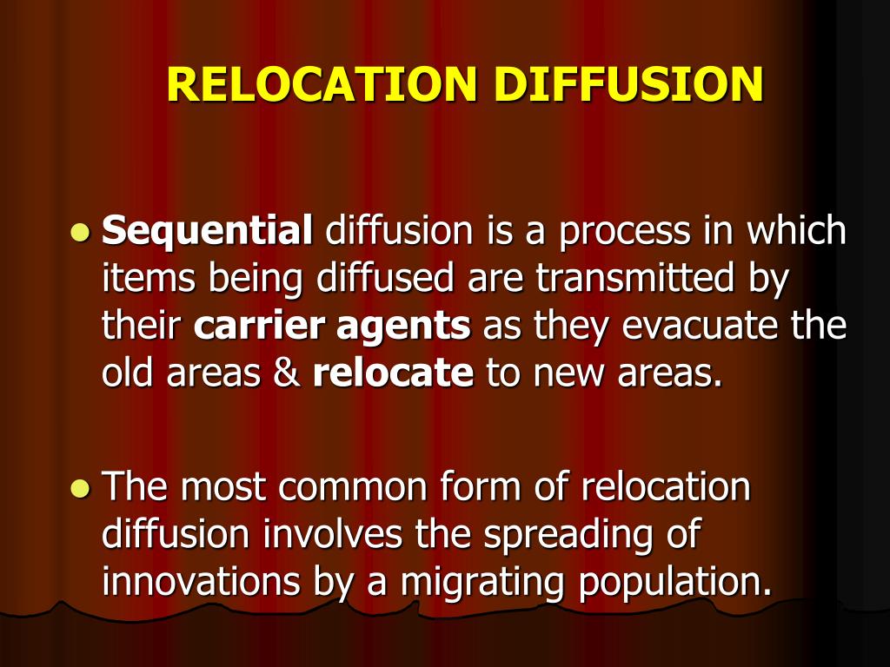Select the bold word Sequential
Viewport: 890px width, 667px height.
click(x=207, y=232)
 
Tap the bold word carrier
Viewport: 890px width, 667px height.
click(x=259, y=327)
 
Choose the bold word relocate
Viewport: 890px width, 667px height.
click(x=393, y=373)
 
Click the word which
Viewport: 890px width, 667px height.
click(x=797, y=232)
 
